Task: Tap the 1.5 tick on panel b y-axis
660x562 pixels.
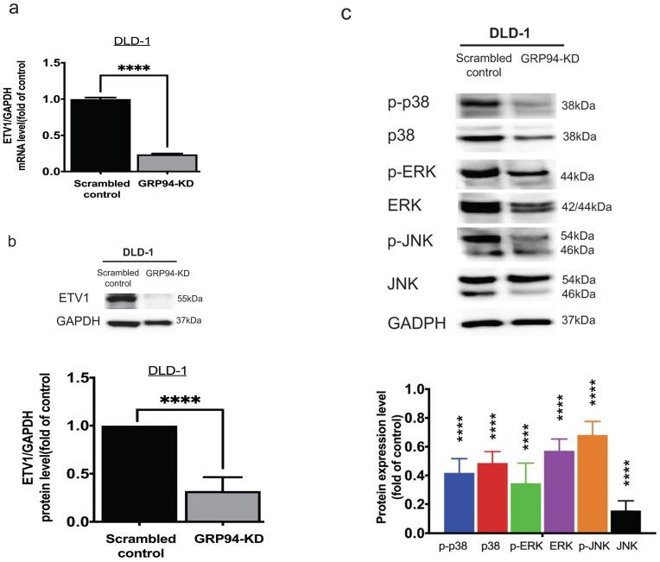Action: coord(100,377)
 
